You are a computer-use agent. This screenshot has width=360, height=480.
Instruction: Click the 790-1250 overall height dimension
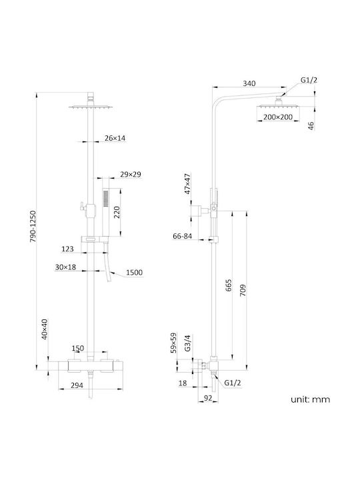coord(33,227)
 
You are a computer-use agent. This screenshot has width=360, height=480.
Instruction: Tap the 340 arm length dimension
coord(249,83)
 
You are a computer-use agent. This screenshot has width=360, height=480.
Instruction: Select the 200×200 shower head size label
coord(278,117)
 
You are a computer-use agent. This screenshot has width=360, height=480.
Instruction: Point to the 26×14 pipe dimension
coord(115,138)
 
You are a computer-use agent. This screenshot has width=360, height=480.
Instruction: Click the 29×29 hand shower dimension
coord(131,175)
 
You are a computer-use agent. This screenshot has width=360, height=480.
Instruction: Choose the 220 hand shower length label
coord(117,213)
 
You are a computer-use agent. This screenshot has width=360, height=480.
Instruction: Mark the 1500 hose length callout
coord(135,273)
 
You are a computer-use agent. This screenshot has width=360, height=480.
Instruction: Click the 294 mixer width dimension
coord(77,385)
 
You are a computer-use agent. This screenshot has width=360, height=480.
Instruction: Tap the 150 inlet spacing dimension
coord(78,349)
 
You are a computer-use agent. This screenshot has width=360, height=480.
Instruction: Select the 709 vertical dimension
coord(243,290)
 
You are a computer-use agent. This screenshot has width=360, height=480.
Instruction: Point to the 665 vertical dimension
coord(229,285)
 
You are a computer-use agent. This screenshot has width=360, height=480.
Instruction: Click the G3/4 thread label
coord(187,343)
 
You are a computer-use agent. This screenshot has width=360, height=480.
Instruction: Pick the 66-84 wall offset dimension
coord(183,236)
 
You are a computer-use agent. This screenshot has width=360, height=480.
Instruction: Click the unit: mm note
coord(311,399)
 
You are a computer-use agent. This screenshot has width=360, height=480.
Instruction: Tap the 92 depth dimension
coord(208,398)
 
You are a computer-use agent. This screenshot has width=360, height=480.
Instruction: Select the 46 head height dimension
coord(311,126)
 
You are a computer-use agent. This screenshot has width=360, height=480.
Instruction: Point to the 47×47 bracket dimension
coord(187,184)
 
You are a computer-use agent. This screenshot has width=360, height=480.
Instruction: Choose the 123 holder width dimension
coord(67,249)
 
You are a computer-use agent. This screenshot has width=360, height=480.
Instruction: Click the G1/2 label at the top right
coord(309,80)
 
